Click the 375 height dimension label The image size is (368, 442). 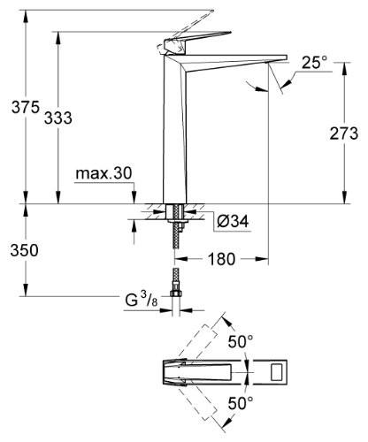[x=26, y=107]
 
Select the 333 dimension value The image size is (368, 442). [x=58, y=118]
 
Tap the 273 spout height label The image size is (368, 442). [x=344, y=133]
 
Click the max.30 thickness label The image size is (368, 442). [x=103, y=173]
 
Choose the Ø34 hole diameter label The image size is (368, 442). [x=233, y=221]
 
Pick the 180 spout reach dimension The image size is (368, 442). [x=221, y=259]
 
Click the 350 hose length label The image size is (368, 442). [x=24, y=250]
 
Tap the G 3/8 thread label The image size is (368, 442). [x=142, y=300]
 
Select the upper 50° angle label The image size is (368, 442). [x=241, y=342]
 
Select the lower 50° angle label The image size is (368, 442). [x=241, y=403]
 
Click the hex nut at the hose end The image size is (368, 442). [x=176, y=293]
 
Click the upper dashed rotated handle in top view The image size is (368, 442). [x=197, y=341]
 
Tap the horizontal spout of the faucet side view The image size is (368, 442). [x=236, y=63]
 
